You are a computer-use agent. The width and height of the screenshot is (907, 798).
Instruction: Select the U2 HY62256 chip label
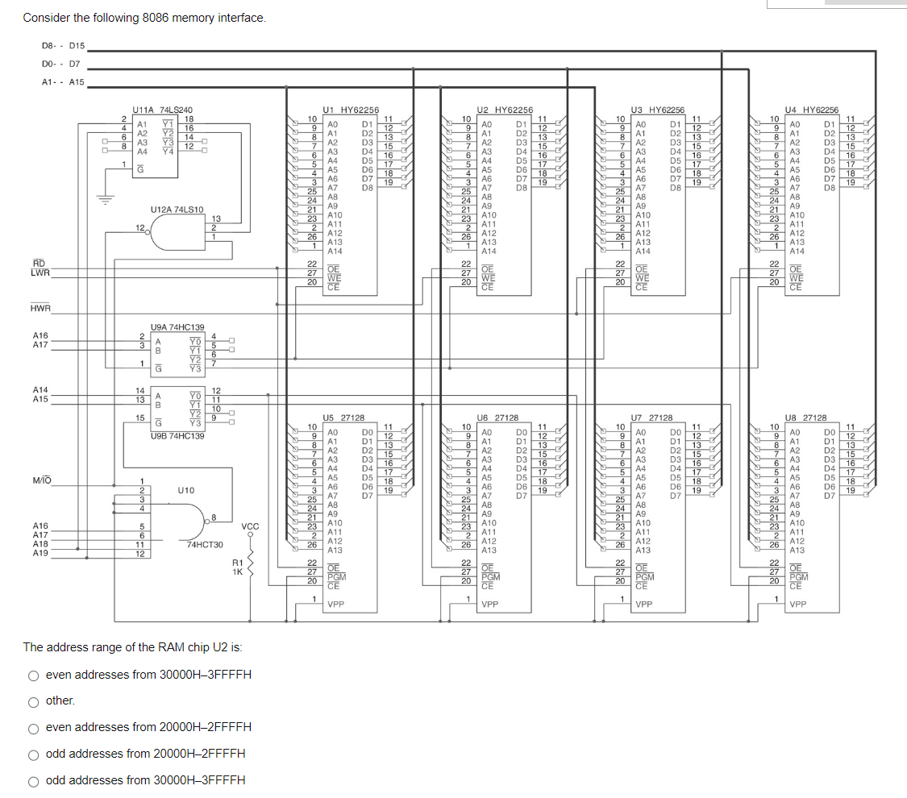point(505,110)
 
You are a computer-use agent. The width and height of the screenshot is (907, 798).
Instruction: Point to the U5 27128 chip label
point(343,418)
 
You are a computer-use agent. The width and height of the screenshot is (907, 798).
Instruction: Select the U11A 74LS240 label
point(162,110)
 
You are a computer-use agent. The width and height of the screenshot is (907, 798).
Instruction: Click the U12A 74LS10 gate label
point(177,210)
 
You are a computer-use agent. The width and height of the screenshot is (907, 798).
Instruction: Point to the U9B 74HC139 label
point(177,436)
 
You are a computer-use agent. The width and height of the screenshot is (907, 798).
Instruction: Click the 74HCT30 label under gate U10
point(205,545)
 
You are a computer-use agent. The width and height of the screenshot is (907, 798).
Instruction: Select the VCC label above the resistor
point(250,526)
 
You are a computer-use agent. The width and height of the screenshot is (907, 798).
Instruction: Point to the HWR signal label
point(40,308)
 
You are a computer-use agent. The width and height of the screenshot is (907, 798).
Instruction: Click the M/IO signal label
point(42,481)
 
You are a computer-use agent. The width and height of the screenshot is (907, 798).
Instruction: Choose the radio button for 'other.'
point(34,701)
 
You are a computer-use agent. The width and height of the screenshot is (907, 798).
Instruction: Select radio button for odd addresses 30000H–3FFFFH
point(34,780)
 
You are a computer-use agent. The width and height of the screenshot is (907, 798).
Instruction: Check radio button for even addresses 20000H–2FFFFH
point(34,728)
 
